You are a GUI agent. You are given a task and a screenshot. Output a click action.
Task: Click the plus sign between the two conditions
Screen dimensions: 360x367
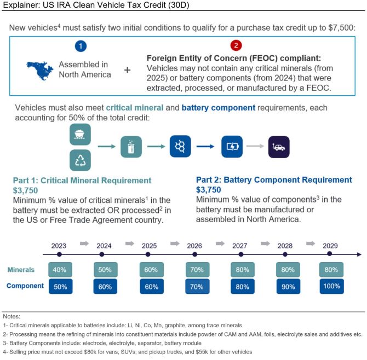coord(128,71)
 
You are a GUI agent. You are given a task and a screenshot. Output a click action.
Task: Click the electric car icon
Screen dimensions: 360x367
coord(278,147)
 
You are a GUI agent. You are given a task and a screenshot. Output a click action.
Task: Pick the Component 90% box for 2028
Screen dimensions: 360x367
coord(285,286)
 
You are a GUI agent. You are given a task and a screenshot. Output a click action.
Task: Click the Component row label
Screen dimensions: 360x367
coord(25,286)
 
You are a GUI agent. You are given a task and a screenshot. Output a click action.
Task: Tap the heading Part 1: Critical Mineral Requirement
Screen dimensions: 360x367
coord(83,180)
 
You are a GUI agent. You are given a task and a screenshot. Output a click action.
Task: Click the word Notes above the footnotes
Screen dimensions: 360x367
coord(11,316)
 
